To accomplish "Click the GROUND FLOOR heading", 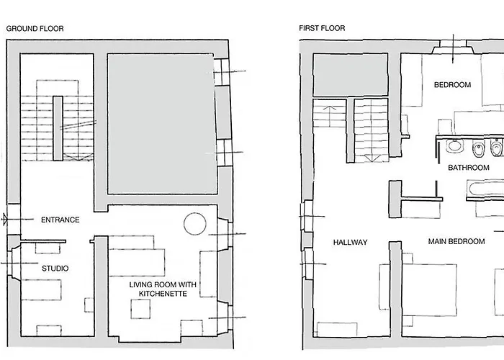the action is tap(35, 29).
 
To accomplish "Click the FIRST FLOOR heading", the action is tap(322, 28).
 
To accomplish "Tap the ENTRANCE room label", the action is tap(60, 220).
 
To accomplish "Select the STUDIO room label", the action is tap(55, 269).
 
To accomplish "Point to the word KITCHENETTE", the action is tap(163, 294).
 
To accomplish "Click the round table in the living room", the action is tap(195, 224).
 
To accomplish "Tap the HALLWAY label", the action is tap(350, 243).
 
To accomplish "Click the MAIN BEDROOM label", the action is tap(456, 241).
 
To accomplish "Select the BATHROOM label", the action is tap(469, 168).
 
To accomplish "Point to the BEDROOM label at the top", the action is tap(453, 85).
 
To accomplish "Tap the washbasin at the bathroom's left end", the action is tap(454, 146).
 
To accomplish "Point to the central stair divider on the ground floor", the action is tap(58, 128).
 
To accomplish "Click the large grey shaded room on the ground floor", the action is tap(162, 124).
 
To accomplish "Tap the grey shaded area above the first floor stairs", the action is tap(351, 75).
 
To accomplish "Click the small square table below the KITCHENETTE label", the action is tap(140, 309).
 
